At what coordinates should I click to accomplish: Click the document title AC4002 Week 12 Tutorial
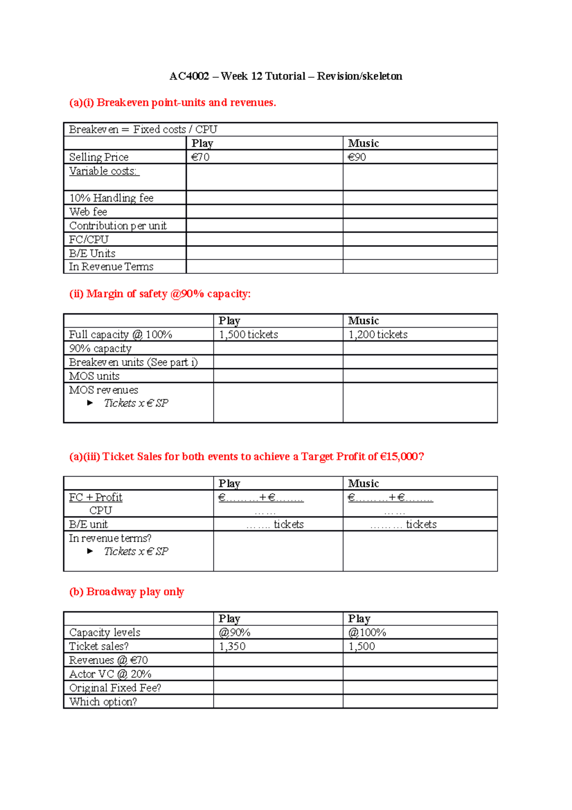point(286,76)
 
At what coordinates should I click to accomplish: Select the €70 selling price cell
point(201,157)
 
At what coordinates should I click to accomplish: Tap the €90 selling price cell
point(357,157)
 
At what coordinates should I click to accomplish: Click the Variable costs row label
point(103,171)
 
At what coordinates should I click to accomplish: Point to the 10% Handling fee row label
point(111,198)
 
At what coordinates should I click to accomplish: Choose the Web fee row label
point(88,212)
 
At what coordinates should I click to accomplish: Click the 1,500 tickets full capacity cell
point(248,334)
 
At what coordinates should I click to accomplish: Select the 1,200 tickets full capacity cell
point(378,334)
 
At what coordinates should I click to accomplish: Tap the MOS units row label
point(94,376)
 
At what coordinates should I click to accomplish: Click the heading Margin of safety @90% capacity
point(160,294)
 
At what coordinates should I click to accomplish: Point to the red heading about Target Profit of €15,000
point(246,457)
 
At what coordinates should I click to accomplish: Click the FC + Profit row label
point(96,498)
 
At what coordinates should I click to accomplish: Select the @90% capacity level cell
point(235,633)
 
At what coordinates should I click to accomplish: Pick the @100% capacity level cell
point(367,633)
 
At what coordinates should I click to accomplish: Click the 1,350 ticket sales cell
point(232,646)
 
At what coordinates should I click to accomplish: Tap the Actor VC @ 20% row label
point(110,674)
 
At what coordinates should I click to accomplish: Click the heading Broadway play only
point(126,592)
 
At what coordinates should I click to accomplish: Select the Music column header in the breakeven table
point(363,143)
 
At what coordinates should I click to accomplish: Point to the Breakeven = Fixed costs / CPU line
point(143,129)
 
